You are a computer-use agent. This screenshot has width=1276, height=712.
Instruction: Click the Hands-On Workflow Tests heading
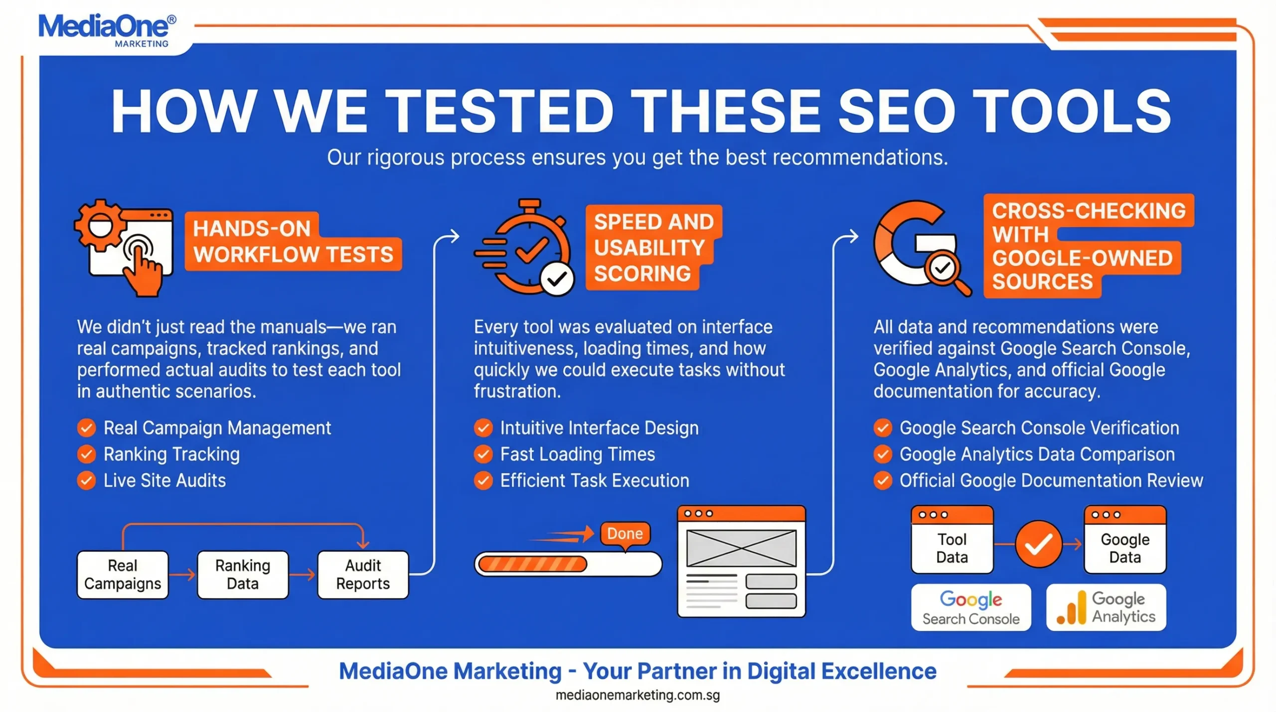point(293,242)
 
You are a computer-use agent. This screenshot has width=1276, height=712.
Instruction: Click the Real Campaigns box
point(123,574)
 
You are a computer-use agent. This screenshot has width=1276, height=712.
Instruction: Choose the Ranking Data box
point(243,574)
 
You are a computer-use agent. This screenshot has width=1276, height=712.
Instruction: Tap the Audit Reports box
point(363,574)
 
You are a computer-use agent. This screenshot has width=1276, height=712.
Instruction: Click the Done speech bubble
point(625,534)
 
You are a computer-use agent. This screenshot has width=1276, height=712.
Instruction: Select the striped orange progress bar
point(532,564)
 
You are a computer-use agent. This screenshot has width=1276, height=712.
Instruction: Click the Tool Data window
point(952,541)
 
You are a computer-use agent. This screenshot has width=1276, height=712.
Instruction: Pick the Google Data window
point(1125,541)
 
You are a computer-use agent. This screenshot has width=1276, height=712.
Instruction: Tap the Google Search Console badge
point(970,608)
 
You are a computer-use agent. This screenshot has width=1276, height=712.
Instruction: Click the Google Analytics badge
point(1106,608)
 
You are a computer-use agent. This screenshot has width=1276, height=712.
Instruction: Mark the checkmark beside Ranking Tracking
point(87,454)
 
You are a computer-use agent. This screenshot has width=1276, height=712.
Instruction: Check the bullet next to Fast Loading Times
point(483,454)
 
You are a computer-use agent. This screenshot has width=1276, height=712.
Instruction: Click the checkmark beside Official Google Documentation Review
point(883,481)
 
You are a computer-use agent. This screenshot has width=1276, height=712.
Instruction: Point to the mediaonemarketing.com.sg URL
point(638,695)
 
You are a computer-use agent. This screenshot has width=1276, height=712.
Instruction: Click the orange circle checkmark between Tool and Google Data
point(1039,544)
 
